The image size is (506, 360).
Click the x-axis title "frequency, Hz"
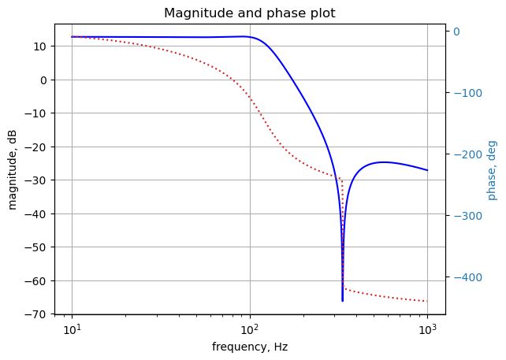click(x=250, y=347)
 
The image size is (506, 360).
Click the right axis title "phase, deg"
click(x=493, y=169)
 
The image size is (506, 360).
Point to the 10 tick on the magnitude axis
click(x=39, y=46)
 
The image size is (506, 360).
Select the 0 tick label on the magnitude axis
click(x=43, y=80)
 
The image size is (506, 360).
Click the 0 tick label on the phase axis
click(x=456, y=31)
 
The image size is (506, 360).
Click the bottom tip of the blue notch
click(x=342, y=301)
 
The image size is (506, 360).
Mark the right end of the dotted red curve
click(x=427, y=301)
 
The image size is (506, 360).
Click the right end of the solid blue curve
click(x=427, y=170)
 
